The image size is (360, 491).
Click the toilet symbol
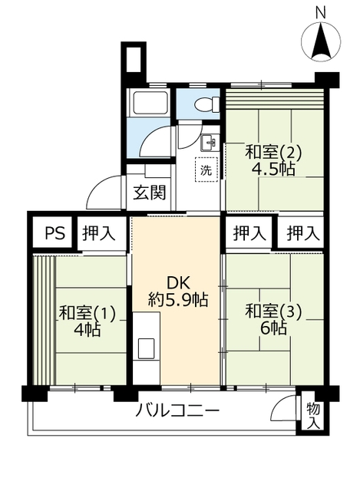[x=208, y=104]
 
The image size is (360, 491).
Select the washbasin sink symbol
[x=210, y=143]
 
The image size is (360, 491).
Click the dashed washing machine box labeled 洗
[x=206, y=170]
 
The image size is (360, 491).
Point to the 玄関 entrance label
[x=149, y=193]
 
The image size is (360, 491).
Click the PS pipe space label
[x=54, y=233]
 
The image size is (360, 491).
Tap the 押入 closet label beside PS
[x=99, y=233]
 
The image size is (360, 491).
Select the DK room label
[x=179, y=283]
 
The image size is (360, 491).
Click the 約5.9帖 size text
[x=178, y=300]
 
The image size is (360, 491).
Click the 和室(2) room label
[x=273, y=153]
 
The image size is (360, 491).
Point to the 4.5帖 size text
[x=272, y=170]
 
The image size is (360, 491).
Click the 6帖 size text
[x=273, y=328]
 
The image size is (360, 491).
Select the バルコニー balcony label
[x=177, y=410]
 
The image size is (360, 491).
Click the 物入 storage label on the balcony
[x=312, y=416]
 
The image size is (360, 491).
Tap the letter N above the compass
[x=320, y=13]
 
